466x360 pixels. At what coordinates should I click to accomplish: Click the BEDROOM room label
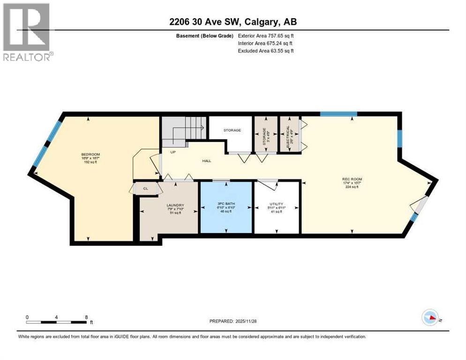[x=90, y=154]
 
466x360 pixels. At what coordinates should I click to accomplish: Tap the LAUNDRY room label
[x=175, y=205]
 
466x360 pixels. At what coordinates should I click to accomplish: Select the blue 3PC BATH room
[x=226, y=207]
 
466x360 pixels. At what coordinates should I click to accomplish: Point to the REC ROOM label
[x=352, y=179]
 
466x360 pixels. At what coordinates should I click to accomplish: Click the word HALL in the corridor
[x=207, y=161]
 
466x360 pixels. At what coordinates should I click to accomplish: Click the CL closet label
[x=145, y=189]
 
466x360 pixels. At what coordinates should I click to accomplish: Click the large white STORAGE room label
[x=232, y=131]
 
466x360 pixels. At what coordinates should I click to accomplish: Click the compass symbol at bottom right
[x=430, y=318]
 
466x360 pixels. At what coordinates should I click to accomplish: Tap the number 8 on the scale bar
[x=86, y=317]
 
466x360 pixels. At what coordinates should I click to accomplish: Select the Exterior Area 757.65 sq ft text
[x=266, y=36]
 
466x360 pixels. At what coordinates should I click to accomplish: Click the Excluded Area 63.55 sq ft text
[x=266, y=51]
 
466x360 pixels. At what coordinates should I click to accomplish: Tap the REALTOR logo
[x=27, y=32]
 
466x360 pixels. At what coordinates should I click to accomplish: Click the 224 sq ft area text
[x=352, y=187]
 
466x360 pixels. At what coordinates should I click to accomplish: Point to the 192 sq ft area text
[x=90, y=162]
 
